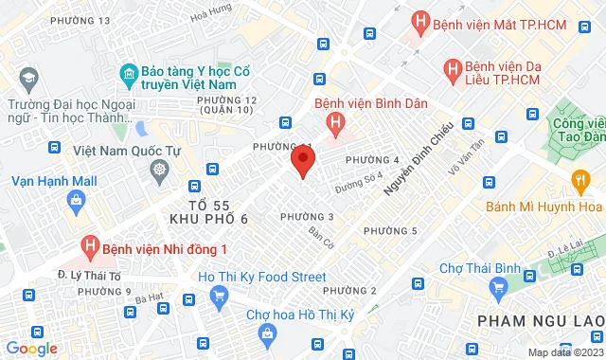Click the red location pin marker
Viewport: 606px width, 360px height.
302,160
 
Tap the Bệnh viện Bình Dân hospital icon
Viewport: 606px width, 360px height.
333,122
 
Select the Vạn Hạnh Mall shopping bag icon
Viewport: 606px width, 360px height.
73,199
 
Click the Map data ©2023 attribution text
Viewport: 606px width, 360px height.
564,352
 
